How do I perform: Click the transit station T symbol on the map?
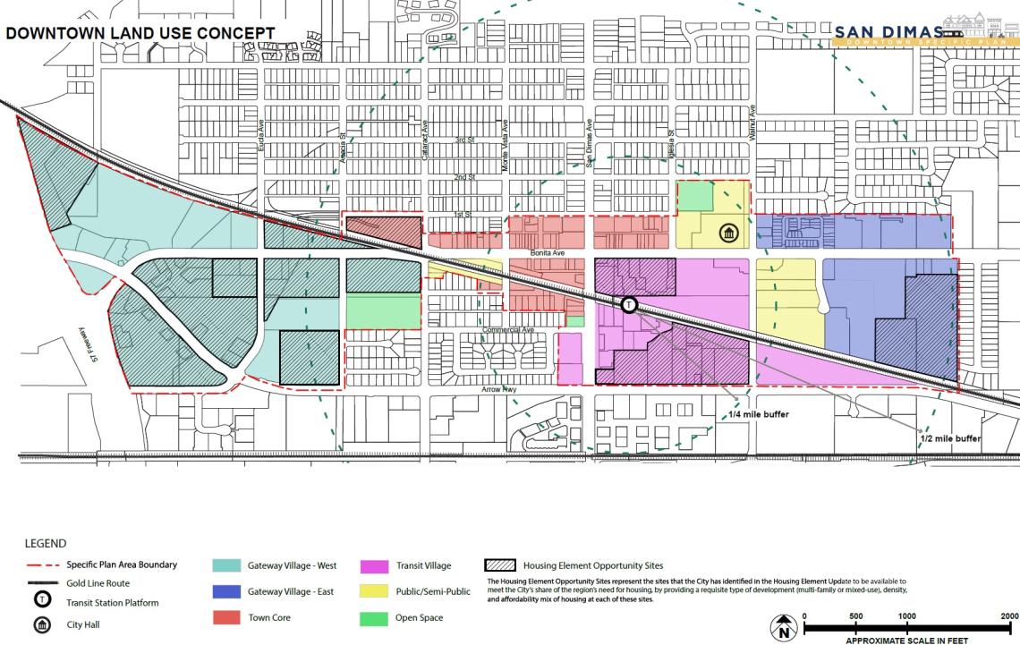[629, 305]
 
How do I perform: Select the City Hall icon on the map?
[728, 234]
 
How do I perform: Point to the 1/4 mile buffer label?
[752, 415]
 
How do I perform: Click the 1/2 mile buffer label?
[949, 439]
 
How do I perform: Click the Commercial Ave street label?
[507, 330]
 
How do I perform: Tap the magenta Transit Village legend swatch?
[374, 565]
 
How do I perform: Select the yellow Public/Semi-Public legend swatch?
[374, 592]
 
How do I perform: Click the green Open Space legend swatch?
[374, 618]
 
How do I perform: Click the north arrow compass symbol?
[783, 627]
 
